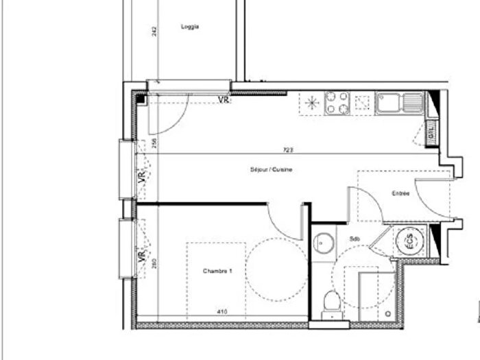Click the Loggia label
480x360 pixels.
pyautogui.click(x=190, y=27)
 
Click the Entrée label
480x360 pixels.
pyautogui.click(x=400, y=194)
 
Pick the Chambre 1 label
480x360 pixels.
pyautogui.click(x=217, y=272)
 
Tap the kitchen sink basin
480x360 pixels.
pyautogui.click(x=386, y=104)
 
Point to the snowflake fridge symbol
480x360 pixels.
pyautogui.click(x=312, y=104)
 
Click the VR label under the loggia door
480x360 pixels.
pyautogui.click(x=223, y=100)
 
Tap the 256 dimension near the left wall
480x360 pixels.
pyautogui.click(x=155, y=144)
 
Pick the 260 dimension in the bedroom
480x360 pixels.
pyautogui.click(x=155, y=262)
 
